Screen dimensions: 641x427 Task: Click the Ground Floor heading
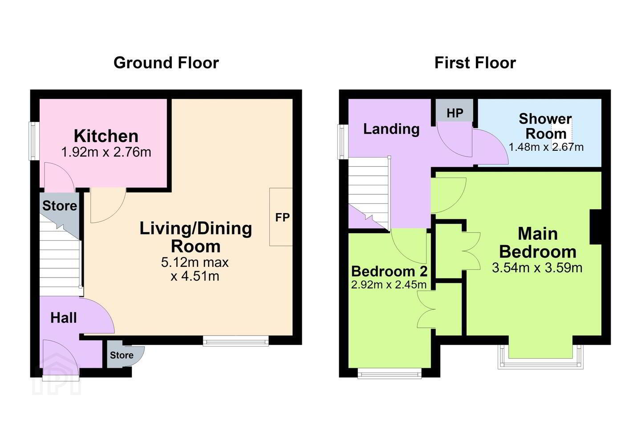(x=166, y=63)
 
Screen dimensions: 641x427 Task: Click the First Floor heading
(x=475, y=63)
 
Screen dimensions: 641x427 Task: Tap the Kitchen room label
(x=106, y=136)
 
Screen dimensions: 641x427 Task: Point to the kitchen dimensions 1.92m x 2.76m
(x=106, y=152)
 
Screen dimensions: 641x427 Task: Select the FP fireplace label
(x=282, y=218)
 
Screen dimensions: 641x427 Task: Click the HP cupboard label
(x=455, y=113)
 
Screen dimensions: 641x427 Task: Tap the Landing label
(x=391, y=129)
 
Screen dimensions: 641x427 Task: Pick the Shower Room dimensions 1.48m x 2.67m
(x=546, y=147)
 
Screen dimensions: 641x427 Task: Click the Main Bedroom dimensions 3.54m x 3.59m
(x=537, y=268)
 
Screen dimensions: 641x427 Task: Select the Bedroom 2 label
(x=389, y=271)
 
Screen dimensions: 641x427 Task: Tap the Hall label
(x=64, y=318)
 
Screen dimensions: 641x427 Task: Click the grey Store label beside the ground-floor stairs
(x=60, y=205)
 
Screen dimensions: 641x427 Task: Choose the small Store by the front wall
(x=122, y=355)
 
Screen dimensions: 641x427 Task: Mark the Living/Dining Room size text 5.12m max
(x=195, y=262)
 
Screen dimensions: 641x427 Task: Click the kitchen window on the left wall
(x=34, y=141)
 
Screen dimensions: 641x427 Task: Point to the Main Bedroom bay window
(x=540, y=356)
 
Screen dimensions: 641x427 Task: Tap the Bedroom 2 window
(x=389, y=373)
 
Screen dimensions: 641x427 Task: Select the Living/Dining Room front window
(x=236, y=341)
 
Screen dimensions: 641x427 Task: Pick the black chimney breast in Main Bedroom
(x=596, y=227)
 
